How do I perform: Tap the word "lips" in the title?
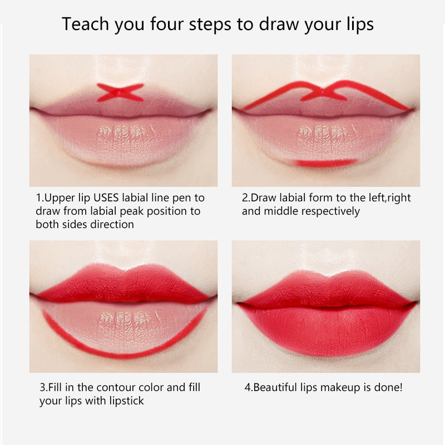pos(358,24)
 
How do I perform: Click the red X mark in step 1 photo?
pos(120,92)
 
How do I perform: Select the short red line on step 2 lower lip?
pos(325,163)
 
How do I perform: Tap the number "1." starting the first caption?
pos(39,197)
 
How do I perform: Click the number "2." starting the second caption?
pos(245,197)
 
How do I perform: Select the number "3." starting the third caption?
pos(43,387)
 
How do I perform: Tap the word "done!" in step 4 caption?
pos(390,387)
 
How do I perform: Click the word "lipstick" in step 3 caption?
pos(125,400)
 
